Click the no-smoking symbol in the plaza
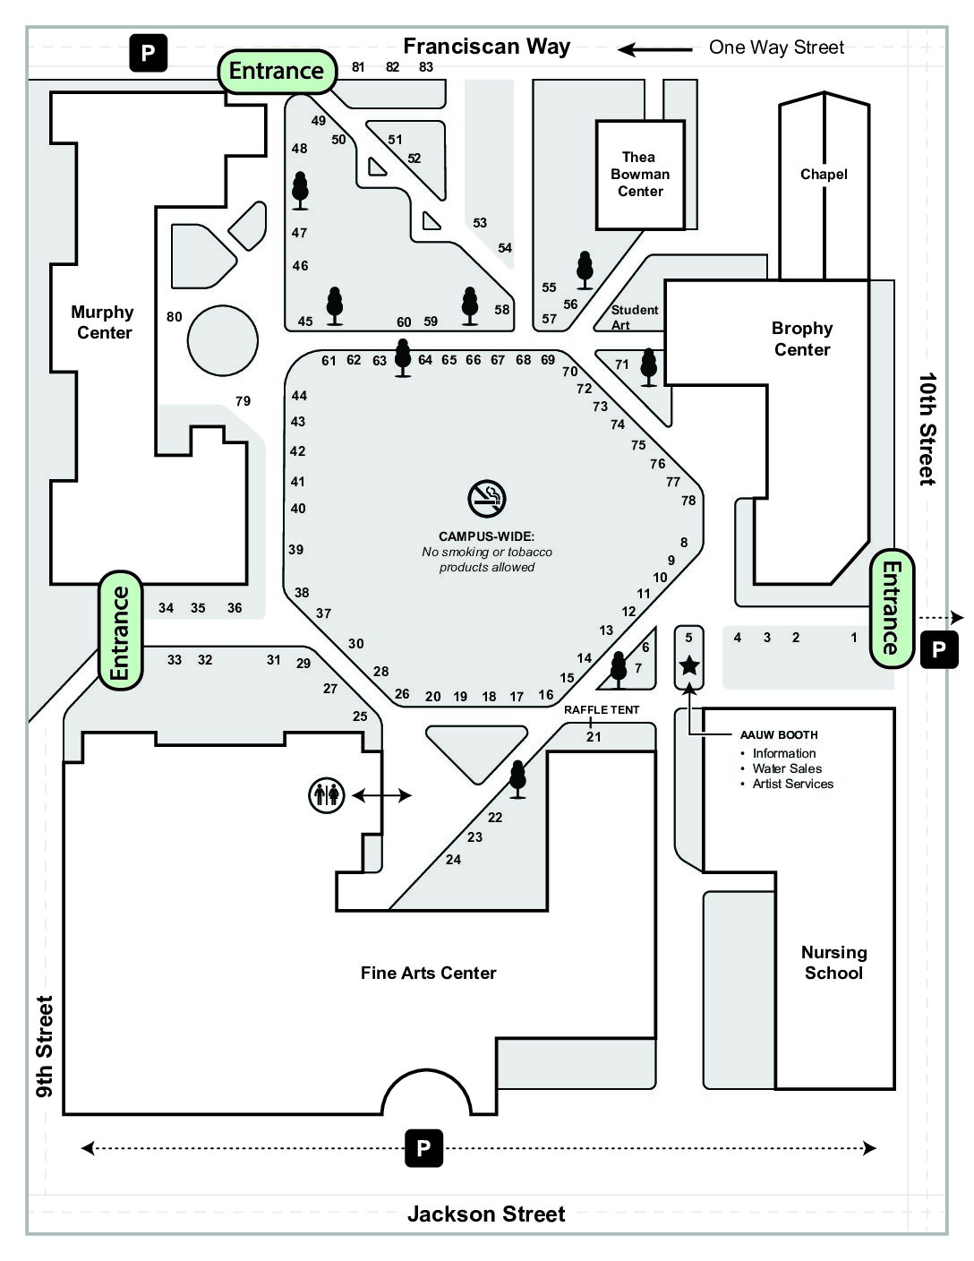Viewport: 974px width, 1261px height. (487, 499)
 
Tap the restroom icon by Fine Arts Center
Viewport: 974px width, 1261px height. (327, 795)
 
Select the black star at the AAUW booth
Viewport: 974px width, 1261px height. (688, 665)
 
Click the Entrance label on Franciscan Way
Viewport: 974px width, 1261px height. (277, 72)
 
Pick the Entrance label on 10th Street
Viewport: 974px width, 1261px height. (892, 609)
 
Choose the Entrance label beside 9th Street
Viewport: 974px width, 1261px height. (120, 630)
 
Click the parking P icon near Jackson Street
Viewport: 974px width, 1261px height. (423, 1148)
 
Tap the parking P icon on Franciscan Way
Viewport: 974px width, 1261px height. (149, 53)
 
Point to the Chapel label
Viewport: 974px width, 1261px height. (824, 174)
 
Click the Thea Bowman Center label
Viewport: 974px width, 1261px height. (640, 174)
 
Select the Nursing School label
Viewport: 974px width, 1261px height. (833, 962)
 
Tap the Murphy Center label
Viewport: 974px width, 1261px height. (103, 322)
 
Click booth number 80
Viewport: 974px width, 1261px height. (174, 317)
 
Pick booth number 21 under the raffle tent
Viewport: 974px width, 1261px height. (594, 737)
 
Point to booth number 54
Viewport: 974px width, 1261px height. (505, 248)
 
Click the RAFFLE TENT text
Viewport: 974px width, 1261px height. (602, 709)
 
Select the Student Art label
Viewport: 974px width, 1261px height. (634, 317)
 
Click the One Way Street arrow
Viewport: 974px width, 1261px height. (655, 50)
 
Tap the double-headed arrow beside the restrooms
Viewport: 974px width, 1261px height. (381, 795)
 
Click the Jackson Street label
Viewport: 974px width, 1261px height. (486, 1214)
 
